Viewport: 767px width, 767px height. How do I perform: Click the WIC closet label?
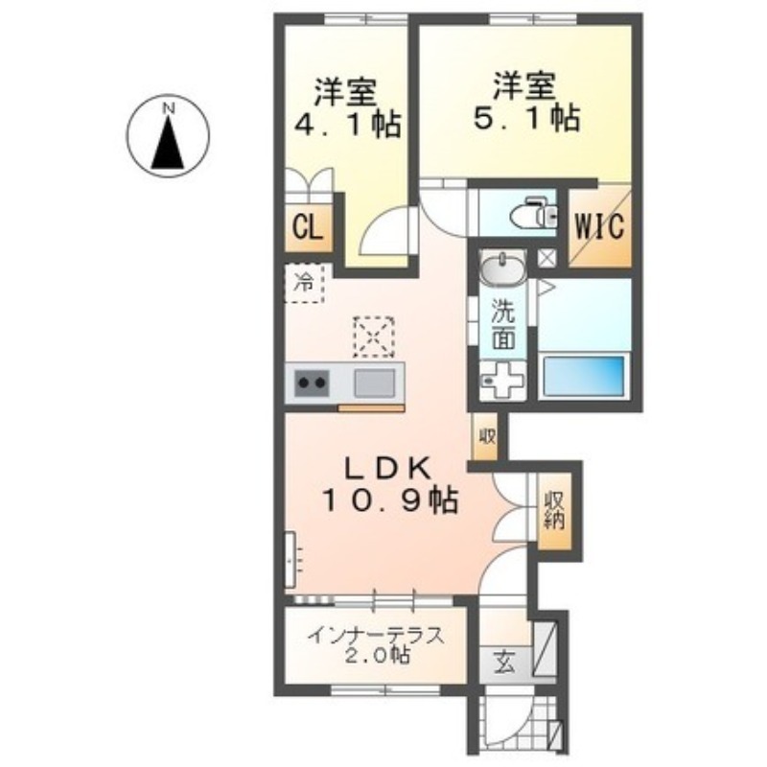click(599, 226)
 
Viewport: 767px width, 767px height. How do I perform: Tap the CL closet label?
click(308, 227)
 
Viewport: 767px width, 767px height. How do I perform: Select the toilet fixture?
click(534, 213)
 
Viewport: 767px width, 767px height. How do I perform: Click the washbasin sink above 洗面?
click(502, 267)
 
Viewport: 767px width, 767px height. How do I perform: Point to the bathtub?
click(585, 376)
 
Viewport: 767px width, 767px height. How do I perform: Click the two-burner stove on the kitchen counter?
click(312, 383)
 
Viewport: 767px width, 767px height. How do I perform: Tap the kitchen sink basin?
click(374, 383)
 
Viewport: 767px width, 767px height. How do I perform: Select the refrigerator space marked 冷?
click(304, 283)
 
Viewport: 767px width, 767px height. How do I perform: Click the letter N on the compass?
click(169, 108)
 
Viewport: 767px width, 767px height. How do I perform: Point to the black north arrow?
click(168, 144)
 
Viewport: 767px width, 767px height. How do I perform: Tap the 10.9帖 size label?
click(389, 500)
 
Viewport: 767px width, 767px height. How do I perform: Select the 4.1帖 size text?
click(347, 124)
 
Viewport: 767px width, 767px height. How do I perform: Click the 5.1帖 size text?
click(526, 117)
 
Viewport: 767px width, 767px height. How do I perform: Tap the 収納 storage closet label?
click(554, 510)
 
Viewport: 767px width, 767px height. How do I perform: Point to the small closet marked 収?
click(485, 436)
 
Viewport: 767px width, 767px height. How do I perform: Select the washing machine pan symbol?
click(502, 380)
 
